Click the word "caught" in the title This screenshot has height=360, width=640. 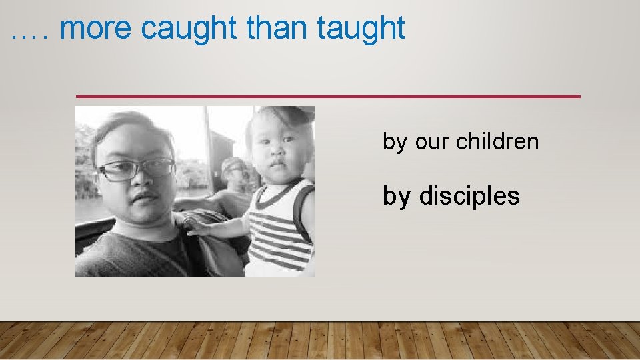pyautogui.click(x=189, y=29)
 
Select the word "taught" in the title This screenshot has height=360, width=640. pyautogui.click(x=361, y=29)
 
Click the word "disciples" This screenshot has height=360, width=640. pyautogui.click(x=469, y=196)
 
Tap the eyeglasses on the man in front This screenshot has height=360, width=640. pyautogui.click(x=137, y=169)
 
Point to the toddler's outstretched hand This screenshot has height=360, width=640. pyautogui.click(x=193, y=225)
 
